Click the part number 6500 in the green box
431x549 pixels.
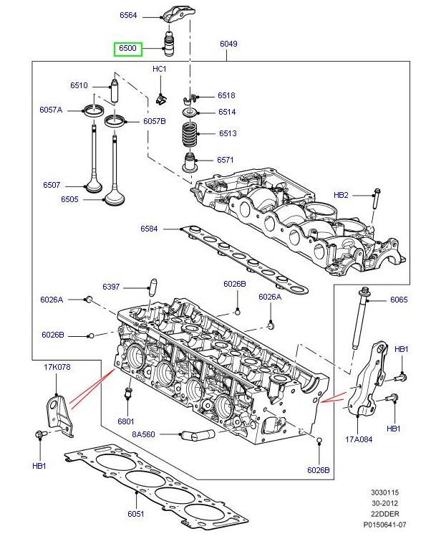[128, 49]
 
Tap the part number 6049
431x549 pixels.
[228, 44]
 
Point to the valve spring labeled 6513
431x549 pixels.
[189, 134]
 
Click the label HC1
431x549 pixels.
[159, 69]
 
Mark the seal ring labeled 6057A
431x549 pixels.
[93, 110]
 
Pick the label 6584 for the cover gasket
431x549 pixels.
[149, 229]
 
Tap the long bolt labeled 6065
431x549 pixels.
[359, 323]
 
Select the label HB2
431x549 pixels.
[341, 195]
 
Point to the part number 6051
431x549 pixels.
[136, 514]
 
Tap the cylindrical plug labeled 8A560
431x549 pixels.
[199, 434]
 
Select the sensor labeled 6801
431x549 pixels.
[130, 393]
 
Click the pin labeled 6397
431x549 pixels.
[152, 285]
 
